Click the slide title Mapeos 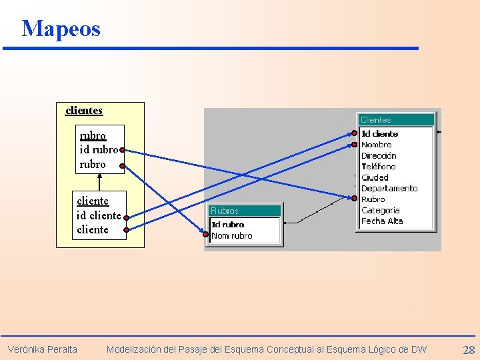(61, 29)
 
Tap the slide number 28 (469, 350)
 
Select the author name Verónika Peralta (43, 349)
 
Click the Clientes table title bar (396, 120)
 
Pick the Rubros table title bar (245, 211)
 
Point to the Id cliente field (379, 134)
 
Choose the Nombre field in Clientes (376, 145)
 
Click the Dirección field (379, 156)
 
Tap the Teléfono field (378, 167)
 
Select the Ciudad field (375, 177)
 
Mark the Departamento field (389, 189)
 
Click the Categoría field (380, 210)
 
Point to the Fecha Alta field (382, 221)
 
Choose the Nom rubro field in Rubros (232, 236)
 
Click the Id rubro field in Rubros (228, 225)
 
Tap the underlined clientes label (84, 110)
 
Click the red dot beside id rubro (123, 150)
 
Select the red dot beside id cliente (126, 217)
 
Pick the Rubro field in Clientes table (373, 199)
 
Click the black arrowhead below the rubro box (99, 177)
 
